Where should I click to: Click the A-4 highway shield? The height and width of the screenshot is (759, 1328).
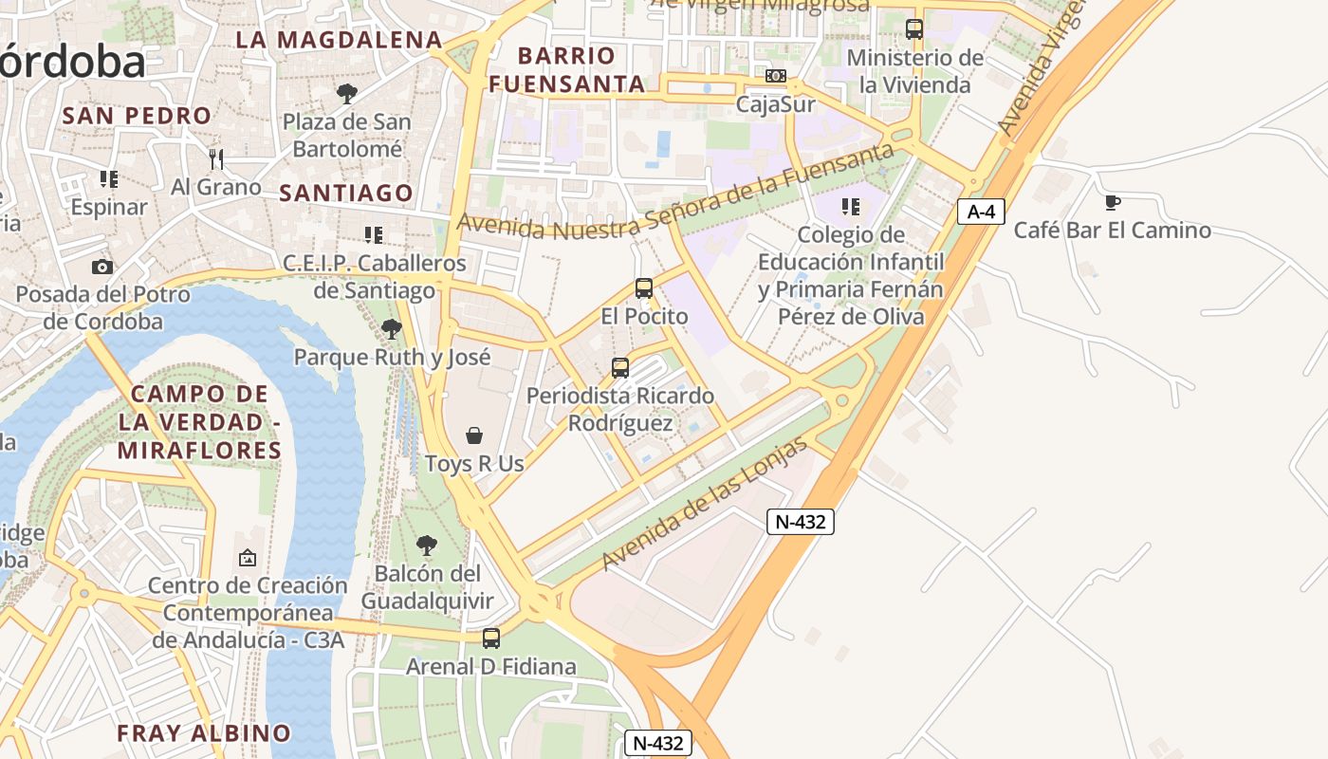pos(980,212)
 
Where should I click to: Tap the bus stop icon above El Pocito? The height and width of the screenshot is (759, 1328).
pos(644,288)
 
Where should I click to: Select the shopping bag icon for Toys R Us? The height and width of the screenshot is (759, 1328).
pos(474,435)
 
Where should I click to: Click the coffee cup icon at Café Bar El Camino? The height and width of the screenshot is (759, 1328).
pos(1113,202)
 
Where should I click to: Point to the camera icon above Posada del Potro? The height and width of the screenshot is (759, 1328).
pos(102,268)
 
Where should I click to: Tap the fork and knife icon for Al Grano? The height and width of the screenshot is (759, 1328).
pos(216,158)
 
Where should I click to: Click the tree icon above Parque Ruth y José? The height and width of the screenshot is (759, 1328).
pos(391,329)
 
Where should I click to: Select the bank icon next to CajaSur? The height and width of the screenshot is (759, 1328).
pos(776,76)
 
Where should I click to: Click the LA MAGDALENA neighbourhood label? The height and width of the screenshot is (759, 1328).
pos(339,40)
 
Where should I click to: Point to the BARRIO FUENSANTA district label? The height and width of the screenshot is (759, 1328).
pos(567,69)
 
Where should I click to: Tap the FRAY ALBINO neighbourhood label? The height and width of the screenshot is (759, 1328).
pos(204,733)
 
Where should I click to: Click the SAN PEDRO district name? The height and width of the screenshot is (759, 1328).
pos(137,116)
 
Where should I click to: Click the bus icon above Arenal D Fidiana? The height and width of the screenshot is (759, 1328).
pos(491,639)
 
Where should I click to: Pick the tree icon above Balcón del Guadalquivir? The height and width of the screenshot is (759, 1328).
pos(427,546)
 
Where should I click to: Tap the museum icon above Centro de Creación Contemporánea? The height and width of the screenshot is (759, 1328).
pos(248,558)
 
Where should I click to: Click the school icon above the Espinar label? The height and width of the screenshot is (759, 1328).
pos(109,178)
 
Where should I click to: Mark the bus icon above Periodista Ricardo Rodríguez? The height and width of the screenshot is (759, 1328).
pos(620,368)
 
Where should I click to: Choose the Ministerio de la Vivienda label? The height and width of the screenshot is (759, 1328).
pos(914,71)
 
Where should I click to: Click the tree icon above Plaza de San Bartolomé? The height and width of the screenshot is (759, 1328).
pos(347,93)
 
